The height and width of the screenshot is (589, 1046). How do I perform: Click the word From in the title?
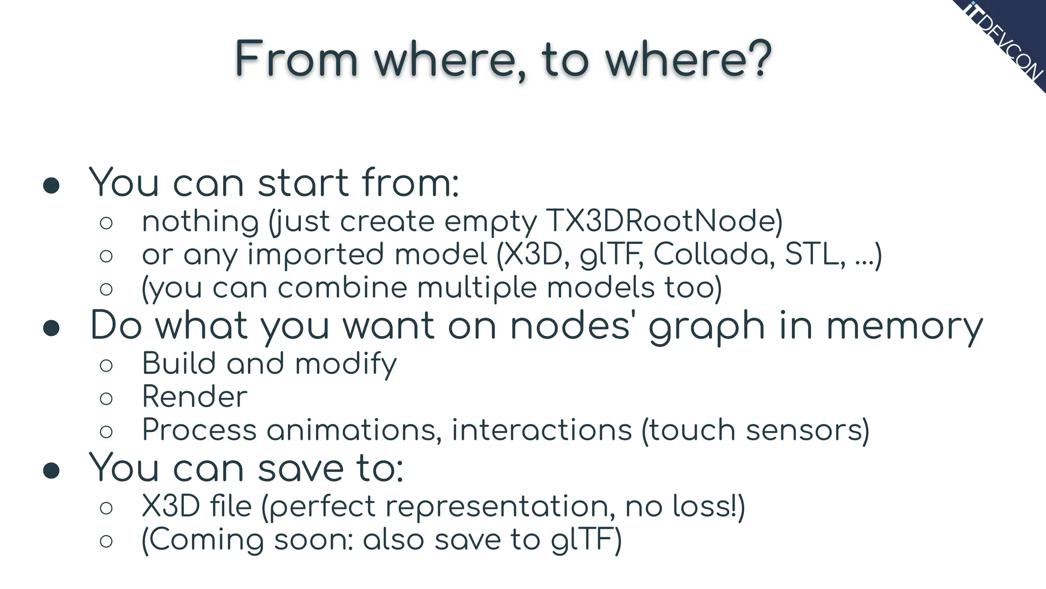[297, 59]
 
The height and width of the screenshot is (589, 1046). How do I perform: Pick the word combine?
[342, 288]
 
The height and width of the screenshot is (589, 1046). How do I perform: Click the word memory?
[904, 327]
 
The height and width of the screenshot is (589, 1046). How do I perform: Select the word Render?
[195, 397]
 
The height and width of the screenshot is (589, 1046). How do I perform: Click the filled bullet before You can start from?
[51, 186]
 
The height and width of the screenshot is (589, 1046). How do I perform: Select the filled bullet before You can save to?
[51, 470]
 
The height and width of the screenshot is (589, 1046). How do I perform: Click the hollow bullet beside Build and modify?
[106, 365]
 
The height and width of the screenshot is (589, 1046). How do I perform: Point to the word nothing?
[200, 222]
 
